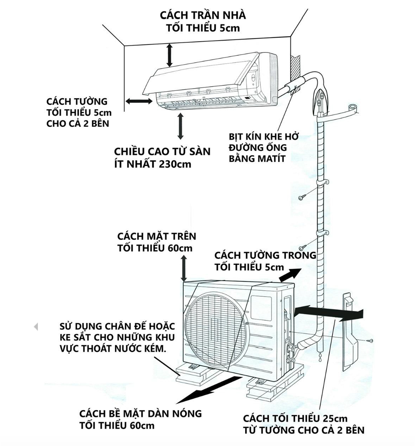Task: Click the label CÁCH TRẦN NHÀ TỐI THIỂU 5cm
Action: (x=203, y=21)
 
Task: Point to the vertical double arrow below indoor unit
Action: (x=181, y=126)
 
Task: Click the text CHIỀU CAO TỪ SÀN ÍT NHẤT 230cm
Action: (x=162, y=157)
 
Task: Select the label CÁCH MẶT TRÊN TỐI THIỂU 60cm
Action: (x=156, y=242)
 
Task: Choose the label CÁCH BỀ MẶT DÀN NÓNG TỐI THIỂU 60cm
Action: (x=140, y=419)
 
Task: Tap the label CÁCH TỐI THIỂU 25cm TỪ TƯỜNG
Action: (x=303, y=424)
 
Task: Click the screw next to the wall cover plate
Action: (x=371, y=341)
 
